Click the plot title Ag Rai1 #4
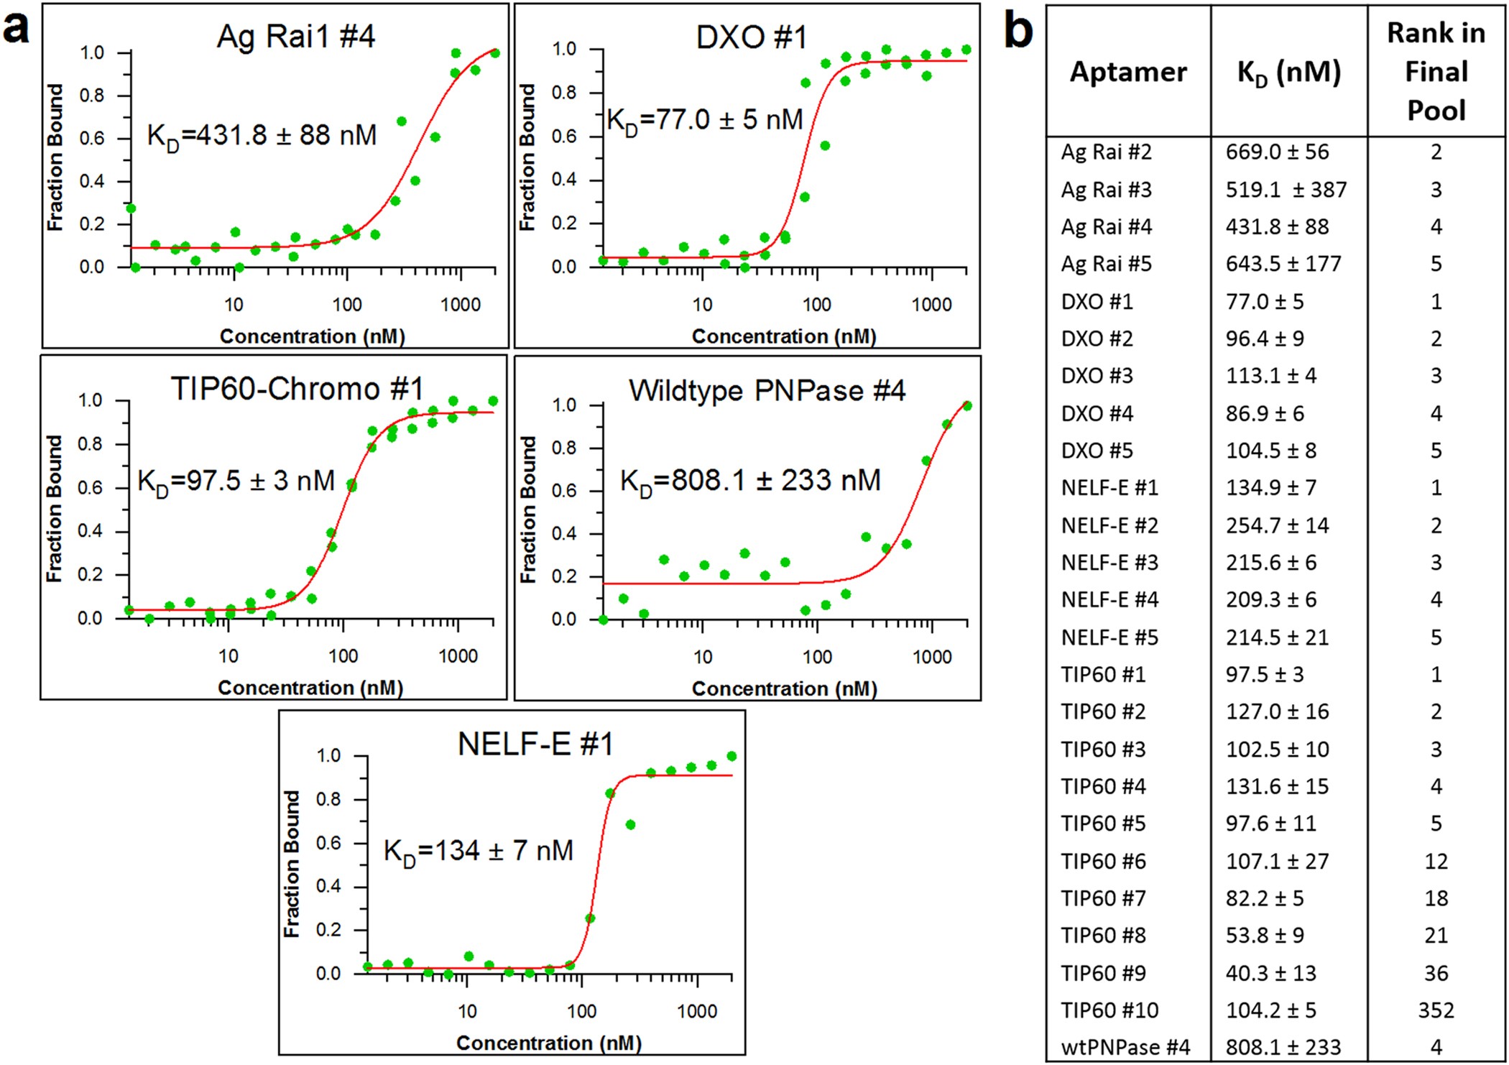coord(295,37)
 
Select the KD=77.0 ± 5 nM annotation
coord(704,120)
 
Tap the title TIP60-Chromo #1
coord(297,389)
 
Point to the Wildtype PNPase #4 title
coord(767,391)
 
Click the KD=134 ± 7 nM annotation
coord(479,851)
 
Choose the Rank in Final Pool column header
coord(1435,71)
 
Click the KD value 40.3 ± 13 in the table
coord(1270,973)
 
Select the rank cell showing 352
coord(1435,1010)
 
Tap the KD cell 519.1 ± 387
coord(1286,190)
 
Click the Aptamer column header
coord(1127,72)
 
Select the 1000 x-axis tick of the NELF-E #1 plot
coord(696,1011)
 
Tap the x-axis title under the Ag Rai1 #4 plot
coord(312,336)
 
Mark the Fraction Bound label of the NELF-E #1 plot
coord(291,864)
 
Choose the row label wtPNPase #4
coord(1125,1047)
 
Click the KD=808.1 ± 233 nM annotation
coord(749,481)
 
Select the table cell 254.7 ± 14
coord(1277,525)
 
